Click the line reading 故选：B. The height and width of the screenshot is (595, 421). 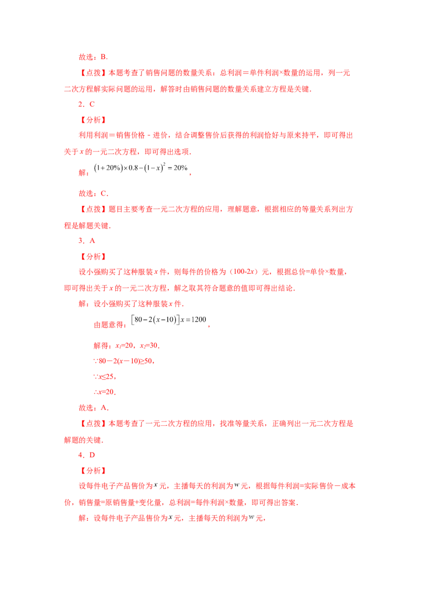(x=94, y=57)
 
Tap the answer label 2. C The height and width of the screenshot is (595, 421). (x=87, y=104)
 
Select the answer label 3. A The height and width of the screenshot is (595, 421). (x=87, y=241)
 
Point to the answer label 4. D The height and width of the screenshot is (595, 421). (x=87, y=455)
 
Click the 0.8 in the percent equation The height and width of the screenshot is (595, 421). (x=133, y=168)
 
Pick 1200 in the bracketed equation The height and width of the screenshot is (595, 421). (x=199, y=320)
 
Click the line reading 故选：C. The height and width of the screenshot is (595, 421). (x=94, y=193)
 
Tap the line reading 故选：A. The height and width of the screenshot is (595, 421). (x=94, y=408)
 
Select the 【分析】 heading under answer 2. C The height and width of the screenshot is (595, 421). (x=93, y=120)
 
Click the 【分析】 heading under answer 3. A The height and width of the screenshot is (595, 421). (x=93, y=257)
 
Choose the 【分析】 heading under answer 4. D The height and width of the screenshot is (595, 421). (x=93, y=470)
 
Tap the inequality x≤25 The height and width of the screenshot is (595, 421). (x=106, y=376)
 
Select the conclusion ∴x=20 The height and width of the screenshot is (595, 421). (x=105, y=392)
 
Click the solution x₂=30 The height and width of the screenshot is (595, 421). (x=148, y=345)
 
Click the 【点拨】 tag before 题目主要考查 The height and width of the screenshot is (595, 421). (x=93, y=209)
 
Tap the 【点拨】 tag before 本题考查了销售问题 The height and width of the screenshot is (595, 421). (x=93, y=73)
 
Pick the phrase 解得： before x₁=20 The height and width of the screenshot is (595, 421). (x=103, y=345)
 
